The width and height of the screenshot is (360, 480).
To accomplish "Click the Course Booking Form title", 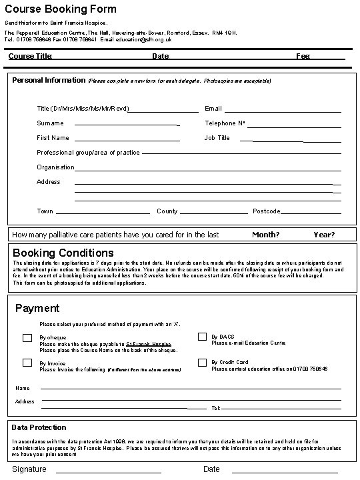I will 61,9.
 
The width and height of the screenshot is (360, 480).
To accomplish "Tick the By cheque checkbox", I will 27,338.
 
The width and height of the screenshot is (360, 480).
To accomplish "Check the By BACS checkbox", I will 202,337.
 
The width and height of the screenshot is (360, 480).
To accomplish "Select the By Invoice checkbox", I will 27,363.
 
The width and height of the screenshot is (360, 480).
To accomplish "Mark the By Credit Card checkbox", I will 202,362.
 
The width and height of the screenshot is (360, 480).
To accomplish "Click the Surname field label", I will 50,123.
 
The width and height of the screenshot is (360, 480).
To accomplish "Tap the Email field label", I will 213,109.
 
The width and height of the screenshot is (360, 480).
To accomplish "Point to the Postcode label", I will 266,211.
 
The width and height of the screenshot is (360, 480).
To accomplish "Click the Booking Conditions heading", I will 63,253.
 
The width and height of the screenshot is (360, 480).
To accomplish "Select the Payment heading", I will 37,308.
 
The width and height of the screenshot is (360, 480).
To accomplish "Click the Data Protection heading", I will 39,427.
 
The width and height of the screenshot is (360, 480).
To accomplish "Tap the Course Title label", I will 30,56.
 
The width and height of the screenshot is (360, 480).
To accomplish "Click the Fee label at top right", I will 303,56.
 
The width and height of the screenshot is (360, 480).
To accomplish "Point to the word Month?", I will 265,235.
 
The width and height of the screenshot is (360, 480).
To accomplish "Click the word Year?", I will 324,235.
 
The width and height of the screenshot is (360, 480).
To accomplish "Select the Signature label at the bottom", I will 29,469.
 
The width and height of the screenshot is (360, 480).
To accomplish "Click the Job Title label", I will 217,138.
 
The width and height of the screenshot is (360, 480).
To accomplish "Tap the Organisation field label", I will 56,167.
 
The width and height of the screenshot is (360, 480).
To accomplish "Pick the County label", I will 167,211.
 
